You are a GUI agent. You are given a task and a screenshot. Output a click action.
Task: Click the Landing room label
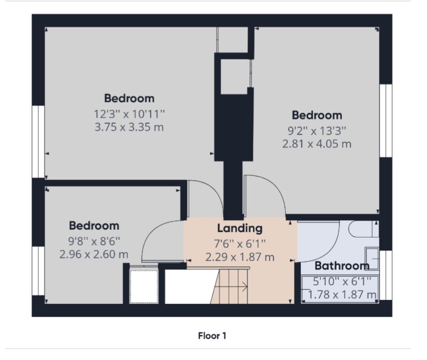[x=240, y=228]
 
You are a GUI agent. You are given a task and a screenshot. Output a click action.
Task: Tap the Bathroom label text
[x=341, y=265]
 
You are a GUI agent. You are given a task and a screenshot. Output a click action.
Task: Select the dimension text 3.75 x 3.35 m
[x=129, y=127]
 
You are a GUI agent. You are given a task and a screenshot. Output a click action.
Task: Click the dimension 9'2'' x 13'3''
[x=317, y=130]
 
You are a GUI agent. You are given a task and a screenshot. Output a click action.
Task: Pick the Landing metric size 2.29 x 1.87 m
[x=240, y=257]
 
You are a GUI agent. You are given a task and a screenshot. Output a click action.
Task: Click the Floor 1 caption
[x=212, y=336]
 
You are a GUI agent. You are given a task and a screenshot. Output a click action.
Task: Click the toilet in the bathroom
[x=362, y=229]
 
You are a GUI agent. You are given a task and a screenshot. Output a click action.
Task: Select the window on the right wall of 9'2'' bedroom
[x=386, y=121]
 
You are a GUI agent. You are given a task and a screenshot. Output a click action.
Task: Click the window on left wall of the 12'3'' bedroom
[x=38, y=141]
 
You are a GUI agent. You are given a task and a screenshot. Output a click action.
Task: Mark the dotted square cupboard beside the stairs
[x=144, y=286]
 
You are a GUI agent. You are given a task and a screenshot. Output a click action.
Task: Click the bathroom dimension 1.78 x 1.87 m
[x=341, y=295]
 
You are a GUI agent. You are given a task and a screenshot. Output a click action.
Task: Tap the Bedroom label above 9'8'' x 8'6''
[x=94, y=225]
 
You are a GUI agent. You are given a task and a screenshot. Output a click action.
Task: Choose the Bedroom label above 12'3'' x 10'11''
[x=129, y=98]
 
